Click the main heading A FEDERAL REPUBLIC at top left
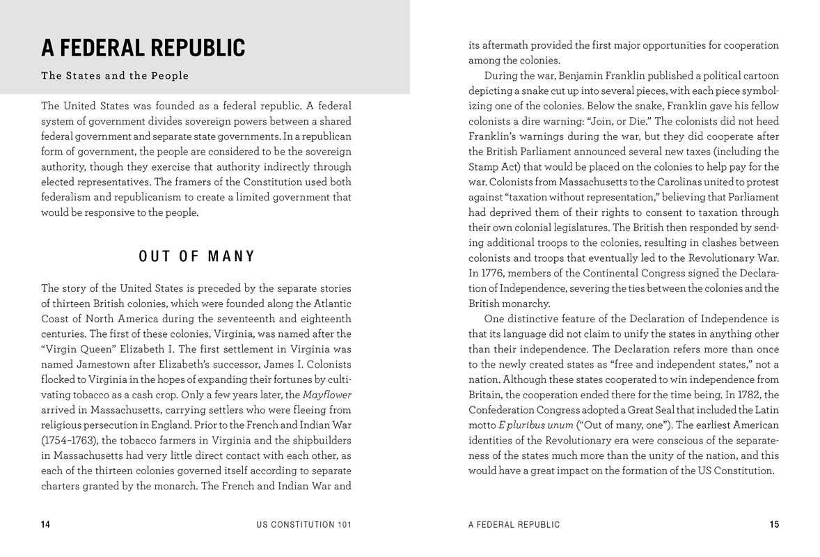tap(143, 48)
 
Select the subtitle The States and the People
tap(115, 76)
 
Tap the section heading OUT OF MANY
tap(197, 256)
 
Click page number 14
tap(46, 525)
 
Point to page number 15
tap(774, 525)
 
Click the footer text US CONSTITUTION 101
tap(303, 525)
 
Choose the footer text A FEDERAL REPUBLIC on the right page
tap(514, 525)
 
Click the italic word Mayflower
tap(327, 395)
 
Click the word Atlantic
tap(328, 303)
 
